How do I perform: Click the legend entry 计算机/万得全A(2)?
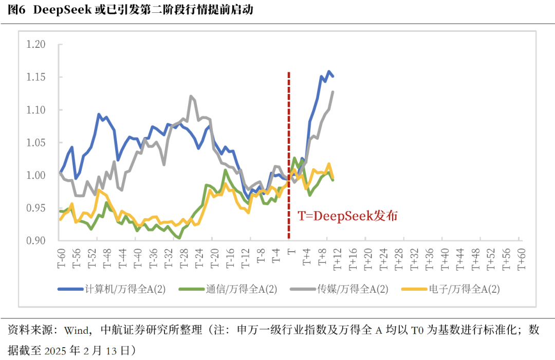click(125, 289)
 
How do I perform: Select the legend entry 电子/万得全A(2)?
click(464, 289)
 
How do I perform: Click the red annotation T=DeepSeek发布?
click(348, 216)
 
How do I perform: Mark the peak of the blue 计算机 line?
click(329, 71)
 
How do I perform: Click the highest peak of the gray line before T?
click(191, 96)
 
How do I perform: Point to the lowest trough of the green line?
click(179, 238)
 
